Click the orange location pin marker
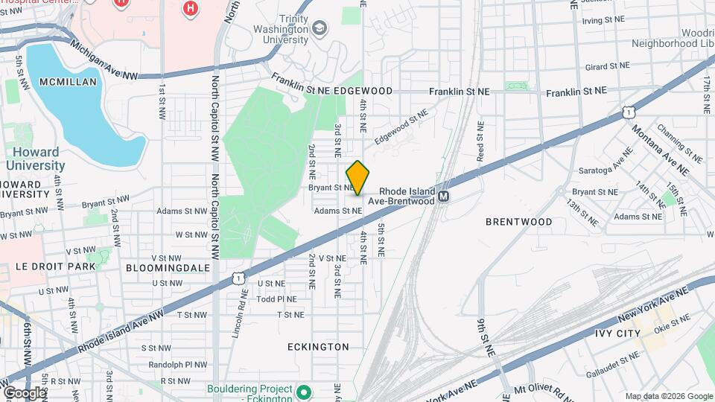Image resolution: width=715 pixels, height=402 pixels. (x=357, y=177)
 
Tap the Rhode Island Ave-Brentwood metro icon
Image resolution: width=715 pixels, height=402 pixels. (x=444, y=197)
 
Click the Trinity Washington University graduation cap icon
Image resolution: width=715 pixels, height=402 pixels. (x=320, y=28)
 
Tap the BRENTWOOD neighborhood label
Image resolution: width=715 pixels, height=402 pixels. (x=519, y=222)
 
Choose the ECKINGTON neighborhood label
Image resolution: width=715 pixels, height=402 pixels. (x=318, y=347)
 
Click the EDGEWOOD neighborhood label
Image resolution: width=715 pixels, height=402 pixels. (x=363, y=90)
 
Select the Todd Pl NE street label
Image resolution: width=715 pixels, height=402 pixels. (x=276, y=299)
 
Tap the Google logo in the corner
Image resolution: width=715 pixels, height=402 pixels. (x=25, y=392)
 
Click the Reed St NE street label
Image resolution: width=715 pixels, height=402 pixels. (x=481, y=143)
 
